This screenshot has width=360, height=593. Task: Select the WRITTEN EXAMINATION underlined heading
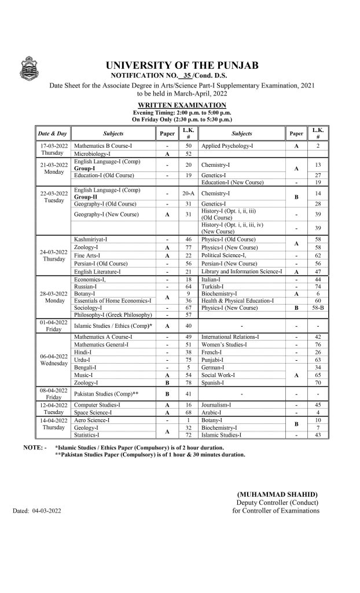point(182,104)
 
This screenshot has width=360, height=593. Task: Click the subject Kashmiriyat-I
point(91,239)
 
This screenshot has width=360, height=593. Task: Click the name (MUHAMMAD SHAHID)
point(277,494)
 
